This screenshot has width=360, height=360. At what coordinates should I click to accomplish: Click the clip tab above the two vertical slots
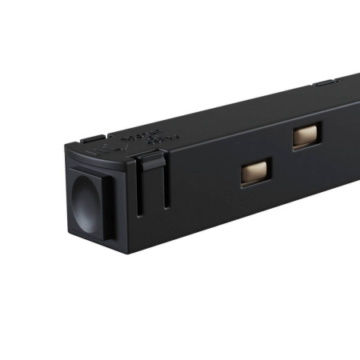click(x=150, y=162)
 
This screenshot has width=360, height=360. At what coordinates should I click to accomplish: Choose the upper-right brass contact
click(x=306, y=135)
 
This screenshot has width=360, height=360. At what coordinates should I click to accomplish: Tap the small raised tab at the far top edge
click(x=323, y=82)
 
